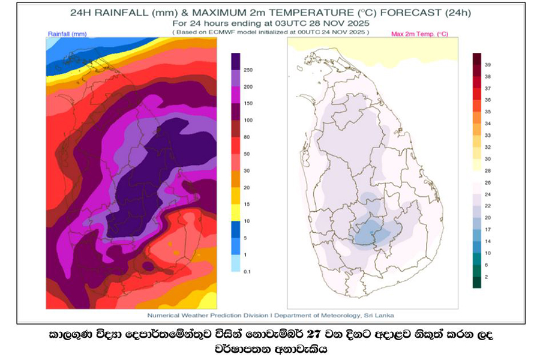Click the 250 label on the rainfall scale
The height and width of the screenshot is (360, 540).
coord(247,70)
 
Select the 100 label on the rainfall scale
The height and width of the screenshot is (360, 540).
coord(247,121)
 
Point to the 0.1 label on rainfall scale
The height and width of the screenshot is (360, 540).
coord(247,272)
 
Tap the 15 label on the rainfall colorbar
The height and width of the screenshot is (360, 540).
coord(246,205)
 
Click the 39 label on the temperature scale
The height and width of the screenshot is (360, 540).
coord(488,64)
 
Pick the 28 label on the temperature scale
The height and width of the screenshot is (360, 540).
coord(488,171)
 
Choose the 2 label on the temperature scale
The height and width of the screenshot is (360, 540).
coord(487,277)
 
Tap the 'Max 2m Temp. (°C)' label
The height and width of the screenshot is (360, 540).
coord(419,34)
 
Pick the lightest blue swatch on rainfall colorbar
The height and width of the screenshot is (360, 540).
coord(235,263)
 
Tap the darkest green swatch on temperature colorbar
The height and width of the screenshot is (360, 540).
coord(477,282)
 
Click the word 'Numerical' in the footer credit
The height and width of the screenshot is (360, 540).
coord(165,315)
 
